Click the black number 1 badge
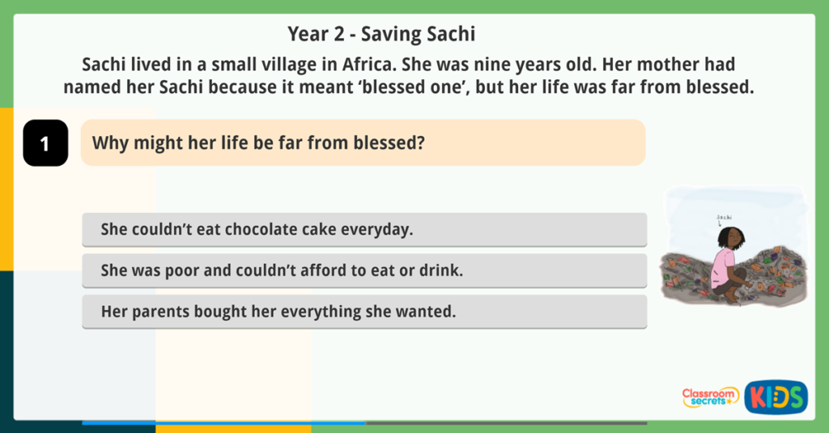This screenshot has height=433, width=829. tap(45, 143)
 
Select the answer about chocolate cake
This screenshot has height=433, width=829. tap(364, 229)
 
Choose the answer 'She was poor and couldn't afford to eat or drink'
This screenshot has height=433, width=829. tap(364, 270)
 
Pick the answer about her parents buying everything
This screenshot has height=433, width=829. tap(364, 311)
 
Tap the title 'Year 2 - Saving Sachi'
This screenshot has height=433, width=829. tap(380, 35)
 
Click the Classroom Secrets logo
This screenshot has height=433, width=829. tap(709, 397)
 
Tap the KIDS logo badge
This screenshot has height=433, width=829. tap(776, 397)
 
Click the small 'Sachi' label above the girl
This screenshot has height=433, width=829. tap(724, 217)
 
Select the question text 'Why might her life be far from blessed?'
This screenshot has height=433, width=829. tap(258, 143)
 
